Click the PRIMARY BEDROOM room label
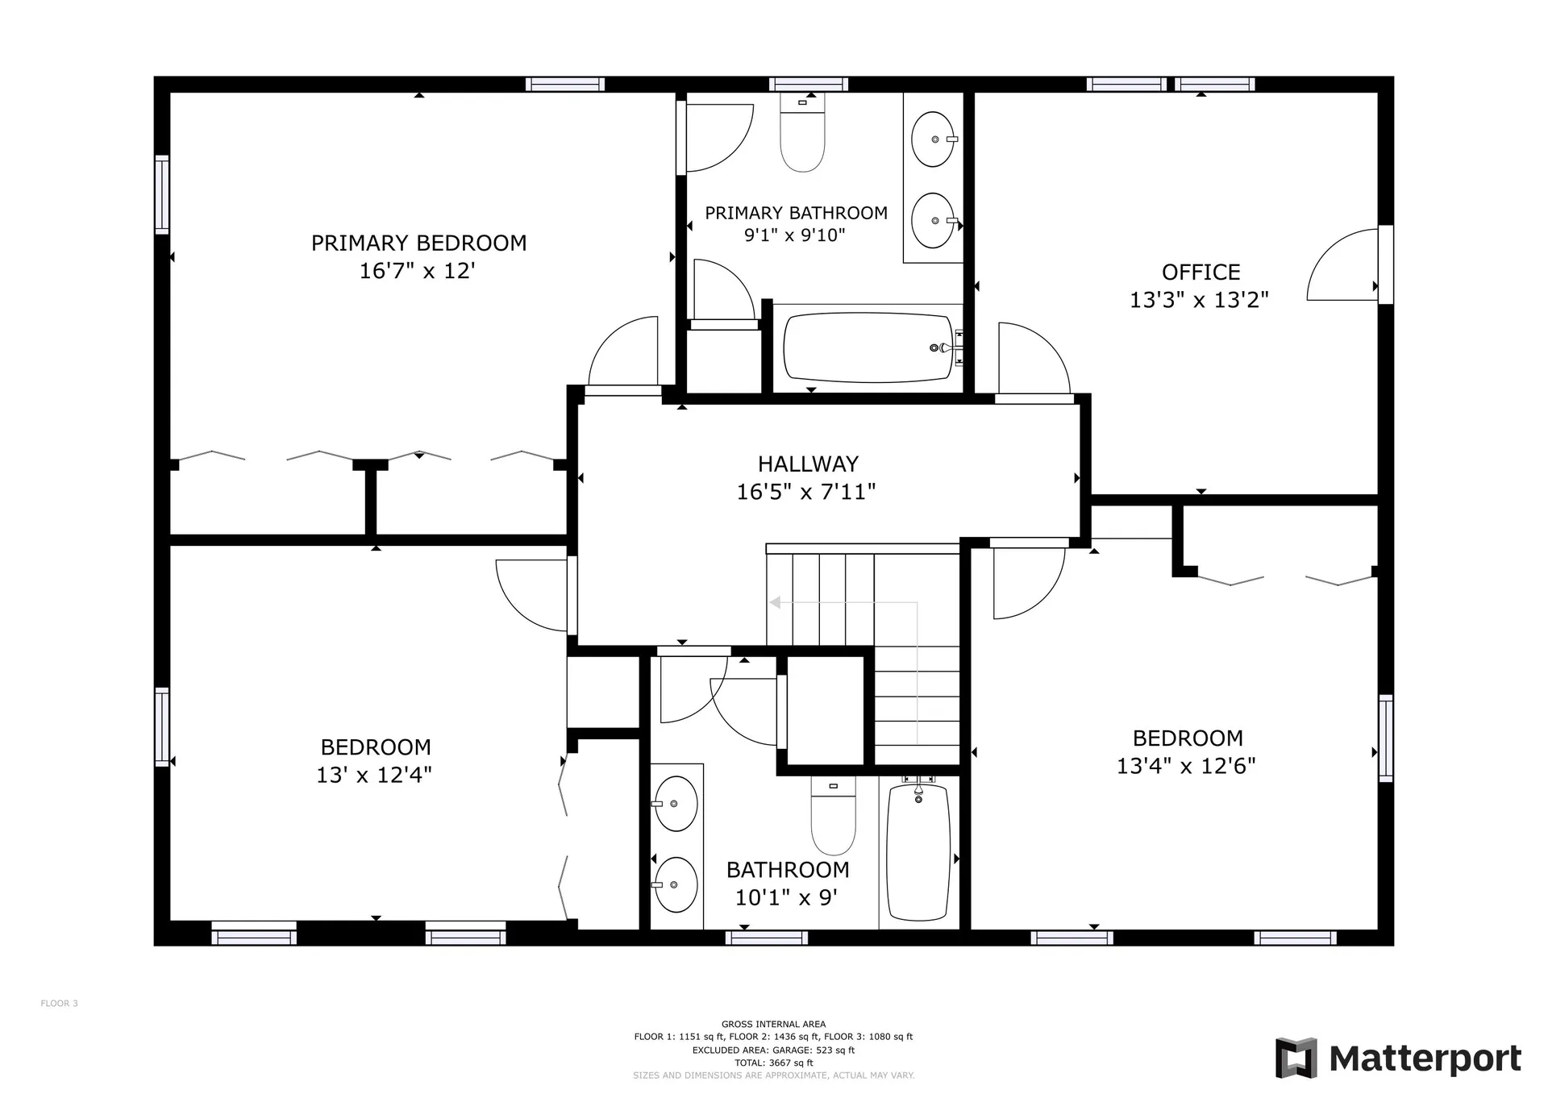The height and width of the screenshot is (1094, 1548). point(418,243)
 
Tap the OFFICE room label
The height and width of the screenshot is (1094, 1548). point(1201,272)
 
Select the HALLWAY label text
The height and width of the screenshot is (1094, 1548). point(808,464)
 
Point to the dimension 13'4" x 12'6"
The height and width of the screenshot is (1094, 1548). point(1186,765)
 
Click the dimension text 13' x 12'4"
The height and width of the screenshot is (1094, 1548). point(374,775)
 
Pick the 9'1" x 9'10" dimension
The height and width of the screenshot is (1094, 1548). point(794,235)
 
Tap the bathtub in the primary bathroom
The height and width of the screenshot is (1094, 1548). point(868,347)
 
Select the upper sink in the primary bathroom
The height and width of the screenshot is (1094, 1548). point(934,139)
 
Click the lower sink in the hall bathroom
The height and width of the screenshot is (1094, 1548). point(675,884)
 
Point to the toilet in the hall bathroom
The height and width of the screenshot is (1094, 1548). point(833,815)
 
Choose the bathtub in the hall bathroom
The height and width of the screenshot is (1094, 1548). point(918,851)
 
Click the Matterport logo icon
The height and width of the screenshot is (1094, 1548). point(1296,1058)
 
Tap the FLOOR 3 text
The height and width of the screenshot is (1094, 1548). point(60,1004)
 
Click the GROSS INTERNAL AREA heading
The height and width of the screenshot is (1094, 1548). point(773,1025)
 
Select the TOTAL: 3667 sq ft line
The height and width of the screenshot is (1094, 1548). point(773,1063)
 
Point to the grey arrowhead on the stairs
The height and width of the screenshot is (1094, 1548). point(775,602)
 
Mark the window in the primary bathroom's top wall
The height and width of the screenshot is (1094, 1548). point(808,84)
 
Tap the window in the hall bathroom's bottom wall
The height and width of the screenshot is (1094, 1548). point(766,938)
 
